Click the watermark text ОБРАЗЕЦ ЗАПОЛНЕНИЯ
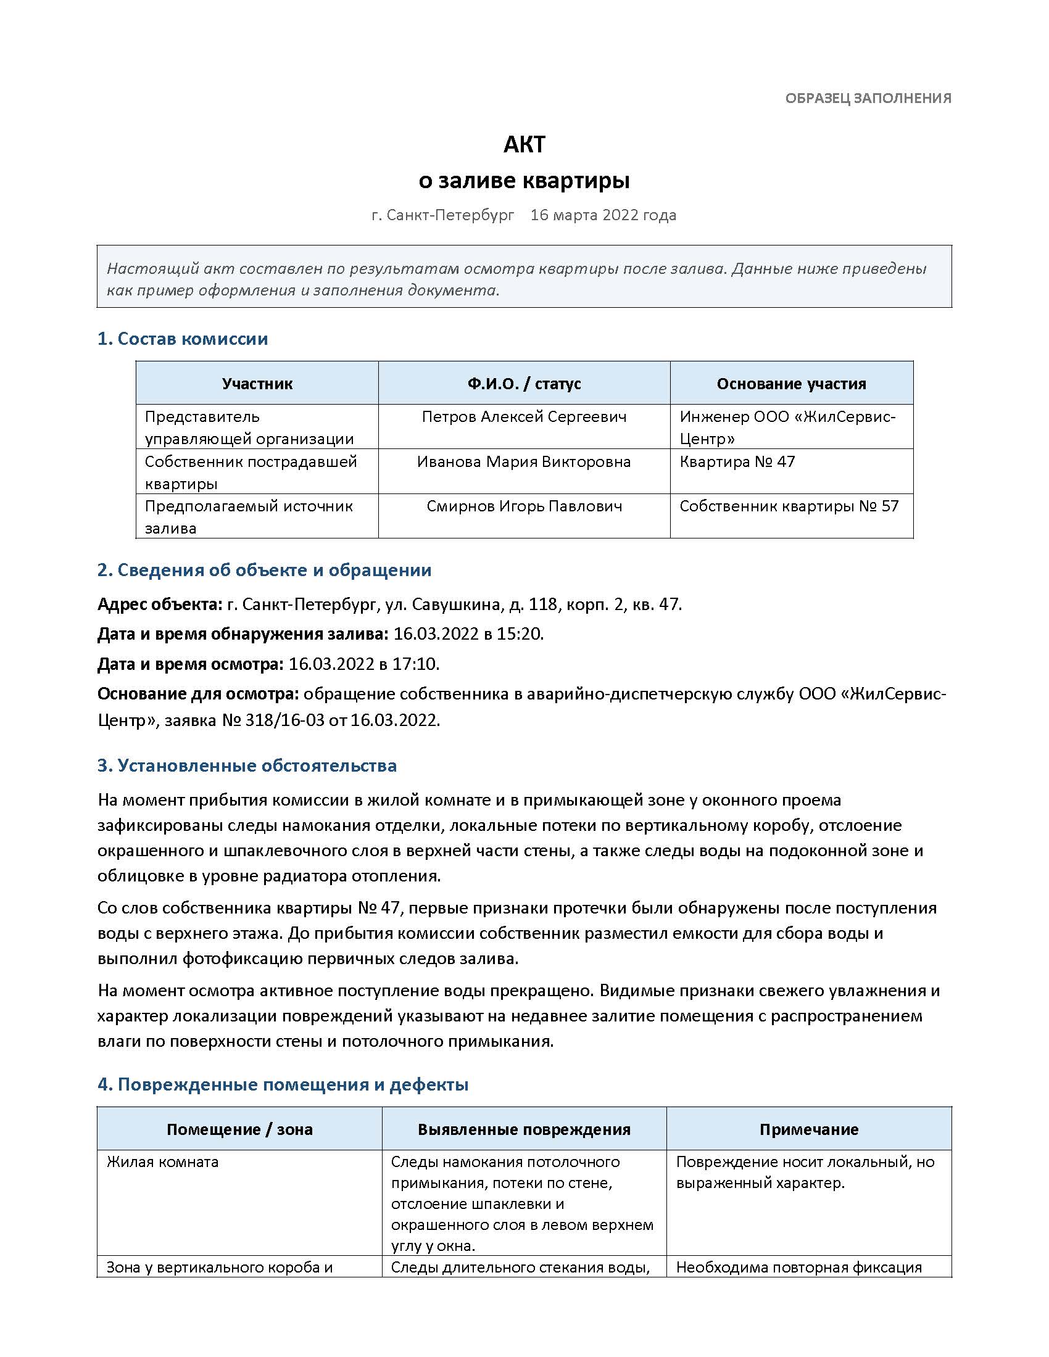(868, 98)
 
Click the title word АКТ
(524, 145)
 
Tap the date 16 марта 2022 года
(603, 215)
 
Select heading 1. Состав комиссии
(183, 339)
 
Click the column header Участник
(257, 384)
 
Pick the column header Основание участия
(791, 384)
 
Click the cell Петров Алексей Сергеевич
(524, 417)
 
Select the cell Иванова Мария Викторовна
(524, 461)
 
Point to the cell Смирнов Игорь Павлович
(524, 506)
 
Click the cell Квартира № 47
(737, 461)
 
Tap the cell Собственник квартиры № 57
(789, 506)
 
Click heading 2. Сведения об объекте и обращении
(264, 571)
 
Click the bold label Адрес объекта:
(160, 604)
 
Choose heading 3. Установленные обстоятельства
(247, 765)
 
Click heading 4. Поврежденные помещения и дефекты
(283, 1085)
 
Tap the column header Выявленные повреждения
(524, 1129)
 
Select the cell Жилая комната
(163, 1162)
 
